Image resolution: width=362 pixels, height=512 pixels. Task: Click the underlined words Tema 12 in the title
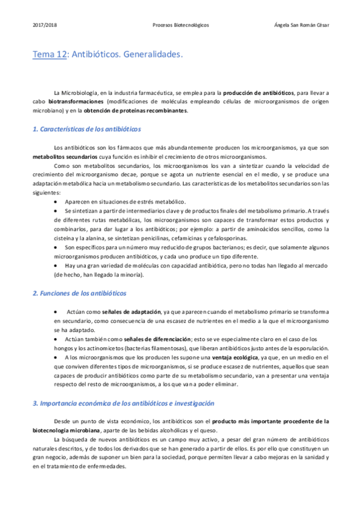click(50, 55)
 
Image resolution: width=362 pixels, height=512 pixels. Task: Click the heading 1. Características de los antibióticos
click(86, 129)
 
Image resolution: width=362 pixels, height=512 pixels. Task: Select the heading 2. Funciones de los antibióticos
click(79, 293)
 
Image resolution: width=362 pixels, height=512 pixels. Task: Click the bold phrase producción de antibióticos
click(258, 93)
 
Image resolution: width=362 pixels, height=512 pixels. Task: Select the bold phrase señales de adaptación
click(131, 312)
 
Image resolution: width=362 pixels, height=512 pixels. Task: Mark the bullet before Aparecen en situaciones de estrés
click(56, 201)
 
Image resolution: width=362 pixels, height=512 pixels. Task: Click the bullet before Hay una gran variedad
click(56, 266)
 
